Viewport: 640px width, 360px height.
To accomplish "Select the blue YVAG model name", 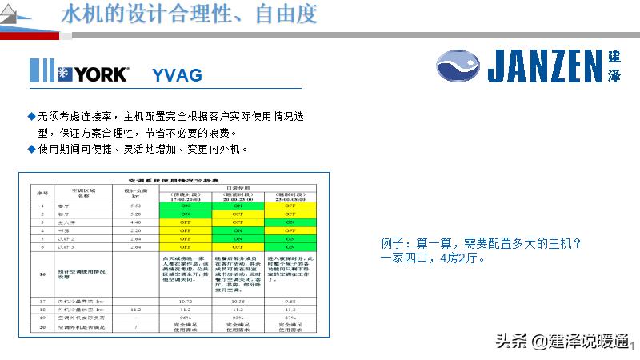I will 177,75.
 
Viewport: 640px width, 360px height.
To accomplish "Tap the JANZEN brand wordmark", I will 544,66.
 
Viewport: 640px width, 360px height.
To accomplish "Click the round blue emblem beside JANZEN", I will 459,65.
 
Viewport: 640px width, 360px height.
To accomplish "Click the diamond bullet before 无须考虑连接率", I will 31,117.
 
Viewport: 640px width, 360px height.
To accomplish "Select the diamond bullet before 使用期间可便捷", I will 31,149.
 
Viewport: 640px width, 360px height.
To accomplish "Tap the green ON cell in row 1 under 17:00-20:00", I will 186,206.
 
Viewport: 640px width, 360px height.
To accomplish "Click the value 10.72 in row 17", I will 186,301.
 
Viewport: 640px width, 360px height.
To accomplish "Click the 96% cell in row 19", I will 186,318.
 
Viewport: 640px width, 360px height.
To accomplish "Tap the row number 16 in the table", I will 42,274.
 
